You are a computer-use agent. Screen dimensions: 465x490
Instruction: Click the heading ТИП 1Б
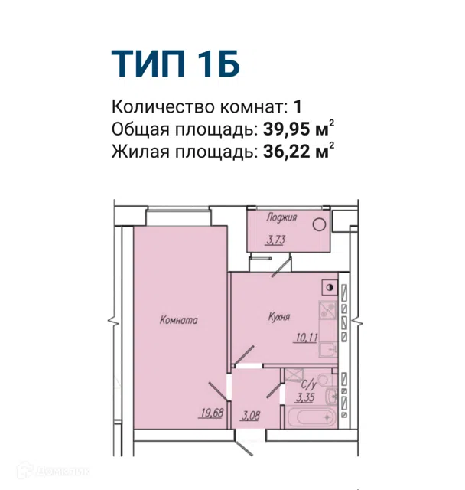coord(176,64)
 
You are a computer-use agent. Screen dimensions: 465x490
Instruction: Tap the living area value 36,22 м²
coord(299,152)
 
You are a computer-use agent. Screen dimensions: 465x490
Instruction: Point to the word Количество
coord(164,106)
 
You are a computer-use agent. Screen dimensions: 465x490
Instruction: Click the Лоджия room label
coord(281,217)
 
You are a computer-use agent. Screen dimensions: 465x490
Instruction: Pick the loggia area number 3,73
coord(275,240)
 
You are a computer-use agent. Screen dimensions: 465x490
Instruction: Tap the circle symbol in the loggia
coord(319,224)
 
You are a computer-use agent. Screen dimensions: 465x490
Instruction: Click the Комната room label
coord(178,320)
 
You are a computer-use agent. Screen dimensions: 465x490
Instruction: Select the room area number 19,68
coord(212,413)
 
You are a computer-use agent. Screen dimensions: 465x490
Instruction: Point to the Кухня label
coord(279,317)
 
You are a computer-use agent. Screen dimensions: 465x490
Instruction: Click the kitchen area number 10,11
coord(307,338)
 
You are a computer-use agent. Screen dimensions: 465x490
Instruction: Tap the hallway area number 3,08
coord(250,416)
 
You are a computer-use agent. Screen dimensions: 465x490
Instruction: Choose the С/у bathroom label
coord(309,384)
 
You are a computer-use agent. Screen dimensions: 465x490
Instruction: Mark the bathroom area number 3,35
coord(305,398)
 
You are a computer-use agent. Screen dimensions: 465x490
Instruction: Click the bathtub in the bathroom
coord(311,416)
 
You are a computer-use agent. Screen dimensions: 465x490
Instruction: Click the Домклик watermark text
coord(54,471)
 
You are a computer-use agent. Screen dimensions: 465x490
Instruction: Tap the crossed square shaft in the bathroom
coord(294,374)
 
